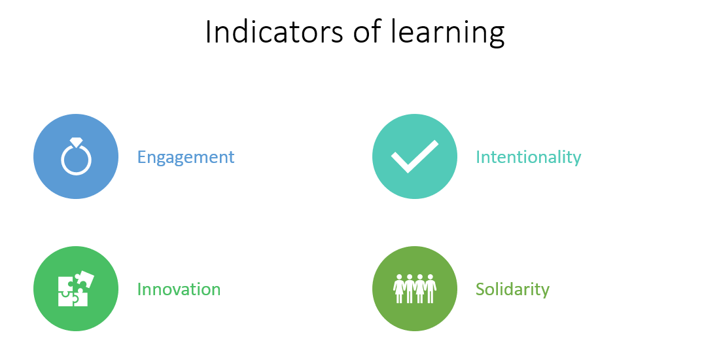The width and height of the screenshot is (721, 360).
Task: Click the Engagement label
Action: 186,158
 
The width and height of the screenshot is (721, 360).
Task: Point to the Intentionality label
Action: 529,158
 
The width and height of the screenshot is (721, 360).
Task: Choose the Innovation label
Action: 179,289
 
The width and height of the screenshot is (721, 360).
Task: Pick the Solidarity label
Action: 512,290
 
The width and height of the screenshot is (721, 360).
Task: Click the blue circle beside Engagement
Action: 76,156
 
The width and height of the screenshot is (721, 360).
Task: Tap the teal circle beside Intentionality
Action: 415,156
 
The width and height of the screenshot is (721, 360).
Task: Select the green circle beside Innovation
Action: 76,289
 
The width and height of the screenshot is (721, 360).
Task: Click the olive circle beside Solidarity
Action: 415,289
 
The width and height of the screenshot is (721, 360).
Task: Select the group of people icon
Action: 415,289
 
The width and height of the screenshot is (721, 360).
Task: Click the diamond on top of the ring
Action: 77,142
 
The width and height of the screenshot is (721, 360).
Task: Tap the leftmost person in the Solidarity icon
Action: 398,289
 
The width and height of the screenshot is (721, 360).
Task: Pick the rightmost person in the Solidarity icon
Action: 431,289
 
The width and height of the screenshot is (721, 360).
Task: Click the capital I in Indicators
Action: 208,32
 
